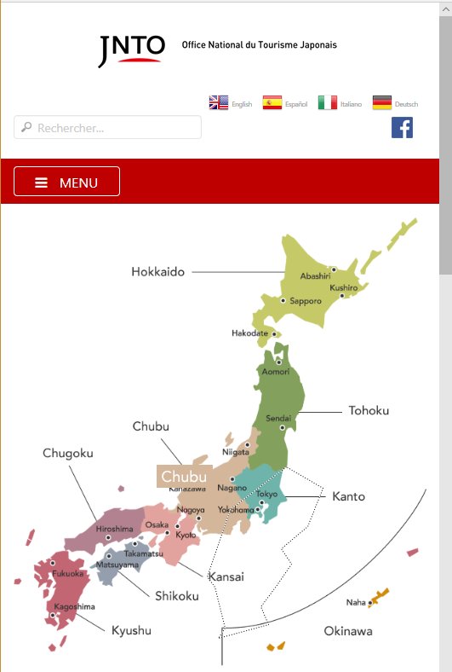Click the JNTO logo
(130, 50)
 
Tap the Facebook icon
(402, 128)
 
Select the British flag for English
(219, 103)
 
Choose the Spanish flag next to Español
(272, 103)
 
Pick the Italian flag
(328, 103)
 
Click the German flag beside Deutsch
(382, 103)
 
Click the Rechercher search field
(108, 128)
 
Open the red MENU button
(67, 182)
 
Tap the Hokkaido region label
(157, 272)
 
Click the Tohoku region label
(369, 410)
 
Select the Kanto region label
(348, 496)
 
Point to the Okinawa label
(347, 631)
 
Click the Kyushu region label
(131, 630)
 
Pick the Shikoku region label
(176, 595)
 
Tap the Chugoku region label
(67, 453)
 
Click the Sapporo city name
(306, 301)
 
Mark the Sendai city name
(278, 419)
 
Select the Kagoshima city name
(74, 606)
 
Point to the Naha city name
(356, 602)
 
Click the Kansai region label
(226, 576)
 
